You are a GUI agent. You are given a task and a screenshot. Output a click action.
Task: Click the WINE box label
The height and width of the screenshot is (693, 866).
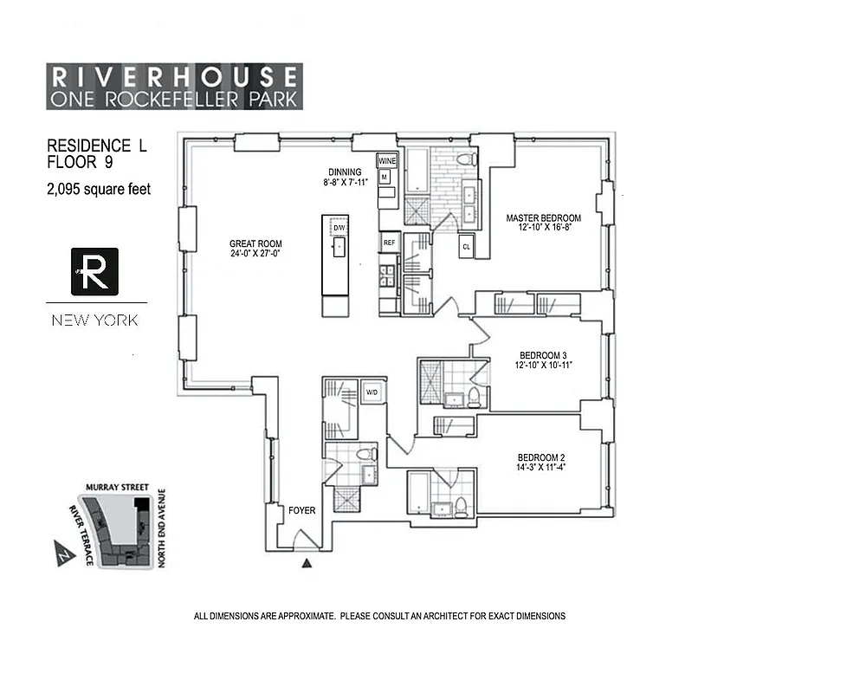[386, 161]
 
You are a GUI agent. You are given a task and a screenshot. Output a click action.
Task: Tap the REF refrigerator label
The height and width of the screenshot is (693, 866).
[389, 243]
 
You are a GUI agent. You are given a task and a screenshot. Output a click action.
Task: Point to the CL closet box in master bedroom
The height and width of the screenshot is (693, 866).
[466, 246]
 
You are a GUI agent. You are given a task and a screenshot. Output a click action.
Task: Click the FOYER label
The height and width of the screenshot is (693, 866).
[301, 510]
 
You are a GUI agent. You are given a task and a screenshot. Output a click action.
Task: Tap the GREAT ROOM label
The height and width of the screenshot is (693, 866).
[255, 243]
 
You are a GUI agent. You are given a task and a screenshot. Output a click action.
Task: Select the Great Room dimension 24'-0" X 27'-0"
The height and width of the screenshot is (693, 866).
[255, 254]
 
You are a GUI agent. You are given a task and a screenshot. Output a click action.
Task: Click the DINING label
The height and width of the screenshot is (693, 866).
[344, 172]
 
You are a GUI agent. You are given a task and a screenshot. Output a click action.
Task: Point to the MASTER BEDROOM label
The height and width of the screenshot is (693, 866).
[543, 218]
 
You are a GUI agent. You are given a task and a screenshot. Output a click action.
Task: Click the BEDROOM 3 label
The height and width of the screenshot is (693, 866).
[543, 355]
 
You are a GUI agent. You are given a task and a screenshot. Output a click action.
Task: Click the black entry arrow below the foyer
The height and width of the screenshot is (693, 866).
[306, 563]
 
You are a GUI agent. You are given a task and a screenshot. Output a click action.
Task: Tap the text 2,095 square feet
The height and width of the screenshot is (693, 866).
[99, 189]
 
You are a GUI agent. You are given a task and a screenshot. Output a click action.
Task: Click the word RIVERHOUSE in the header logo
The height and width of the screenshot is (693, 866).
[174, 75]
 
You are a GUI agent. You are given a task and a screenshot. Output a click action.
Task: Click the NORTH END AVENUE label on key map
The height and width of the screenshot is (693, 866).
[161, 530]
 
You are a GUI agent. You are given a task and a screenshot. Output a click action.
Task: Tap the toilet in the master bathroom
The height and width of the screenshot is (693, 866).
[465, 159]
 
